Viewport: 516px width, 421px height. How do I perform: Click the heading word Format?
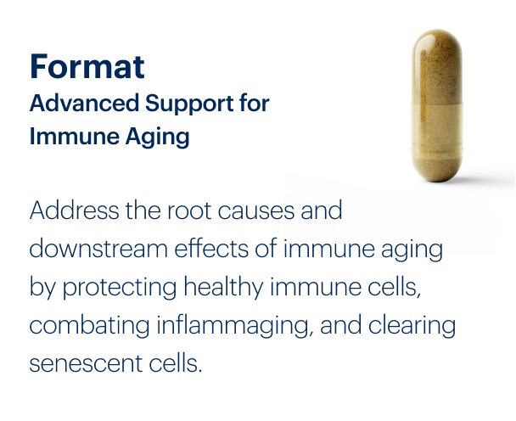pyautogui.click(x=87, y=65)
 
